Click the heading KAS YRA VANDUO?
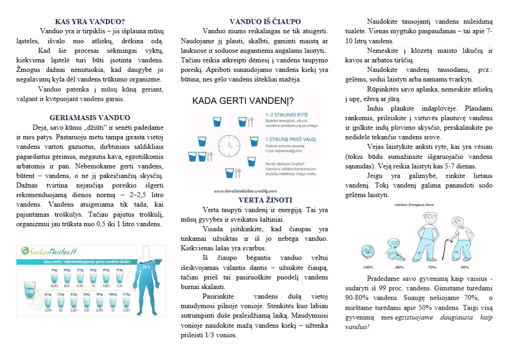(90, 21)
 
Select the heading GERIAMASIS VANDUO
(90, 117)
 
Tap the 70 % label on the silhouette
(146, 267)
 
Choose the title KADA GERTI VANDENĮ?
(242, 100)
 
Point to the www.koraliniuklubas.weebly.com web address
(245, 191)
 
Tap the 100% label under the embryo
(368, 267)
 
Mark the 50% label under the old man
(464, 267)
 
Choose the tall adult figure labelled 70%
(428, 234)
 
